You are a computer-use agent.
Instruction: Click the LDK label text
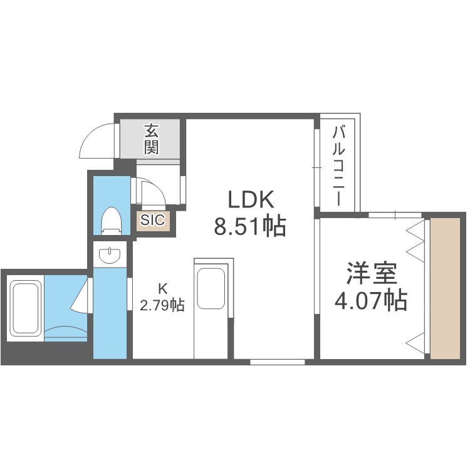pyautogui.click(x=251, y=201)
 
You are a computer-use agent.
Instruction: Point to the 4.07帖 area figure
pyautogui.click(x=372, y=302)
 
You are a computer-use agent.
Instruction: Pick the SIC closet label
pyautogui.click(x=152, y=220)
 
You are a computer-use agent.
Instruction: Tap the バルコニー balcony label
pyautogui.click(x=338, y=165)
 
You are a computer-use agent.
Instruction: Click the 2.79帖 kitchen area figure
pyautogui.click(x=162, y=306)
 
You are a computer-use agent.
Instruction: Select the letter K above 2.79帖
pyautogui.click(x=162, y=289)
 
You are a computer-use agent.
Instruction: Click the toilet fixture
pyautogui.click(x=111, y=221)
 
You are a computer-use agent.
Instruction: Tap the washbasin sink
pyautogui.click(x=111, y=255)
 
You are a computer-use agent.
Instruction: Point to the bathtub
pyautogui.click(x=26, y=310)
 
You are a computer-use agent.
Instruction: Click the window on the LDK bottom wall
pyautogui.click(x=278, y=362)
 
